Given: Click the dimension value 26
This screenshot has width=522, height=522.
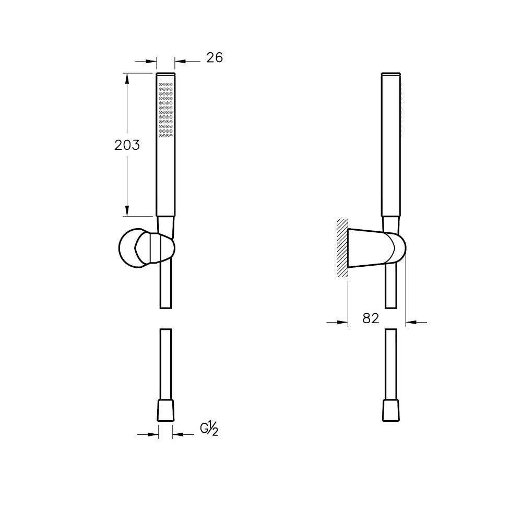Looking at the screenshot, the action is point(215,57).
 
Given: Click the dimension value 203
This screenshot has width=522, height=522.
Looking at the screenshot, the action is point(127,145).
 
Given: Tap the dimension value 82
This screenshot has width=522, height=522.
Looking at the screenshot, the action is point(371,318).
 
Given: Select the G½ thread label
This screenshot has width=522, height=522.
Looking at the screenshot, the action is point(209,429).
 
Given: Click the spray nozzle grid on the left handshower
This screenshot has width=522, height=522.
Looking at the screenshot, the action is point(165,110).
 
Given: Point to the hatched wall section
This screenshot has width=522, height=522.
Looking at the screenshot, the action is point(342,248).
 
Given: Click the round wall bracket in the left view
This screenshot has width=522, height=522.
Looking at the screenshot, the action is point(147,247).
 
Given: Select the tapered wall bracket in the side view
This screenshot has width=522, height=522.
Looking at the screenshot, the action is point(376,248).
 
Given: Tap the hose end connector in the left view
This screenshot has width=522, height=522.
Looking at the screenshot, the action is point(165,410).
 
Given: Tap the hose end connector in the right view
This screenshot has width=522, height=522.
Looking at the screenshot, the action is point(391,410).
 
